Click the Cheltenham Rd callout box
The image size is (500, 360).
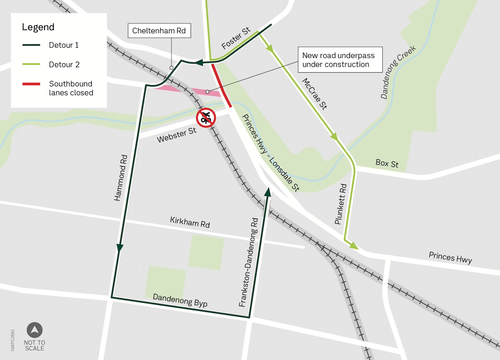click(x=159, y=30)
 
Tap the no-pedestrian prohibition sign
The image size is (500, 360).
click(x=206, y=118)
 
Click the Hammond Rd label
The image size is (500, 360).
click(x=121, y=178)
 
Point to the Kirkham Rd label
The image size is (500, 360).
click(x=190, y=222)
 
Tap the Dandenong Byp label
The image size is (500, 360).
click(x=180, y=300)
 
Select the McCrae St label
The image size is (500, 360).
click(x=314, y=94)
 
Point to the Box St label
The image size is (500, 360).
click(x=387, y=163)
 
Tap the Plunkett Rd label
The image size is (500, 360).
click(x=341, y=204)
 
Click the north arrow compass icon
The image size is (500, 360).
click(x=34, y=330)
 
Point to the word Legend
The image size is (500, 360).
click(x=38, y=27)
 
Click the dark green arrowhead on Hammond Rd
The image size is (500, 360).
click(x=120, y=248)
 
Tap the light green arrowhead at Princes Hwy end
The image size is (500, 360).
click(x=354, y=246)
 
